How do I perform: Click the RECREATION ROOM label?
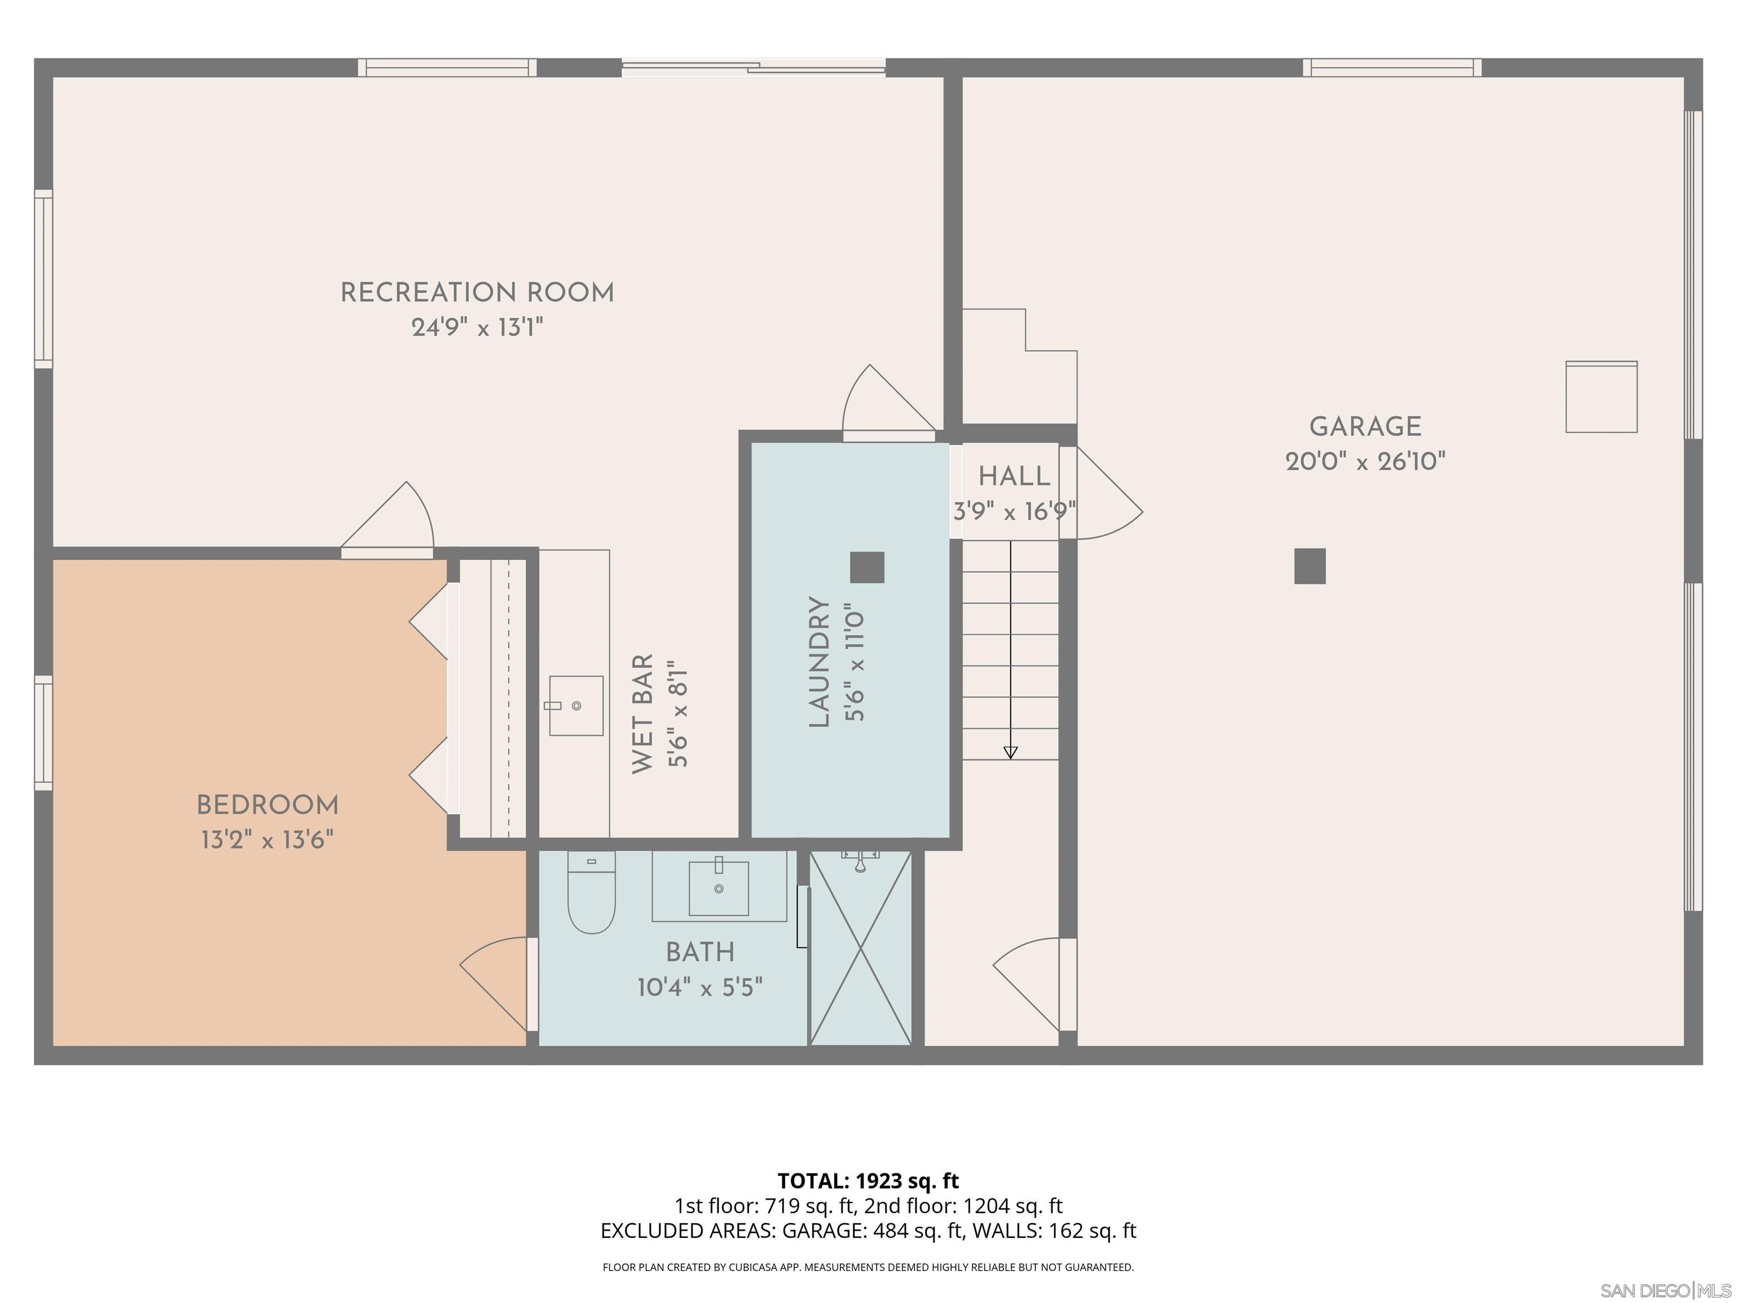(477, 293)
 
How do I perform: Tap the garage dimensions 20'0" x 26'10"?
(1365, 461)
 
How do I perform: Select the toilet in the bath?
(591, 895)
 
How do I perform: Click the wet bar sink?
(576, 705)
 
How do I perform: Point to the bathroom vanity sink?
(719, 887)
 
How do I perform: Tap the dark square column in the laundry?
(867, 567)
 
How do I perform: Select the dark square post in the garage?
(1309, 566)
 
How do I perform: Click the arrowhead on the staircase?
(1010, 752)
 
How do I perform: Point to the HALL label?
(1014, 476)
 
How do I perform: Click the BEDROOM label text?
(267, 805)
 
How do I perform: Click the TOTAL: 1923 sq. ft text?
(868, 1180)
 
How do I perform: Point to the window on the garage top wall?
(1392, 67)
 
